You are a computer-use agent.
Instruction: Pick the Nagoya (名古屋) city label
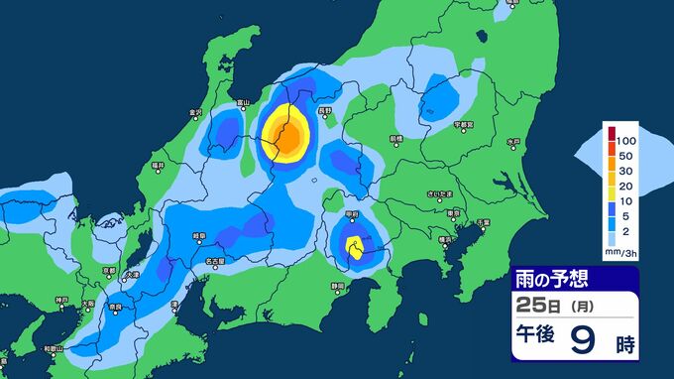pos(213,262)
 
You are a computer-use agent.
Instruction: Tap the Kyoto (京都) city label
pos(110,270)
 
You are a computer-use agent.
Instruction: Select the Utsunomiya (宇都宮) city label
pos(465,126)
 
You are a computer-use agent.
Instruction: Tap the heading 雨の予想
pos(550,280)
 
